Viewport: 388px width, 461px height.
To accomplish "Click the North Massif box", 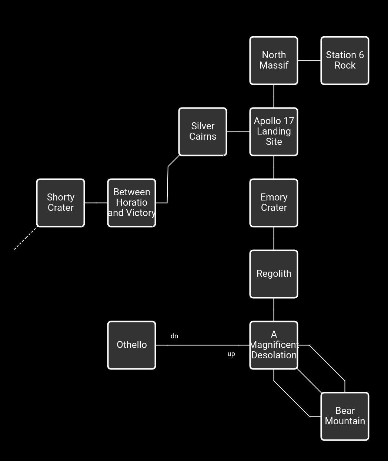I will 274,60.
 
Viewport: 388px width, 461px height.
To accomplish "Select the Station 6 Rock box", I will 345,60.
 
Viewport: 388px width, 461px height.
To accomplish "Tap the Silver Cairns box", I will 203,132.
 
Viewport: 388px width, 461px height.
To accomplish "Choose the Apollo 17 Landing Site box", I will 274,132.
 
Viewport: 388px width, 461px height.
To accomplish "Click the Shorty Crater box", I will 61,203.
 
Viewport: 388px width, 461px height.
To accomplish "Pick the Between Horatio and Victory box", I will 131,203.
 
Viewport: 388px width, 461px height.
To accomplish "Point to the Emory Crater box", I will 274,203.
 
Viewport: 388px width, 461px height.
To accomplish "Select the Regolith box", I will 274,274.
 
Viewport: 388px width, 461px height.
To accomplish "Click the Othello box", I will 131,345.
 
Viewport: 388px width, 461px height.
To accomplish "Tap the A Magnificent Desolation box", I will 274,345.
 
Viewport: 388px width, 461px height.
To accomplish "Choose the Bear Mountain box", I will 345,416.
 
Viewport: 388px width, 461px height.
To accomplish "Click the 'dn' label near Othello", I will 174,336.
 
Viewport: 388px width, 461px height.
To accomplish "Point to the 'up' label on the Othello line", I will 231,354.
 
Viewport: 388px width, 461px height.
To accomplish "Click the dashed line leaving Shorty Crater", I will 26,238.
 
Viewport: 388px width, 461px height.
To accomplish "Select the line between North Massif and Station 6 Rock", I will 309,60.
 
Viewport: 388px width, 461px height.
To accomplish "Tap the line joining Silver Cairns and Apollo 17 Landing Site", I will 238,132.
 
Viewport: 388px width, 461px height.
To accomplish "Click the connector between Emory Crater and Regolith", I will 274,238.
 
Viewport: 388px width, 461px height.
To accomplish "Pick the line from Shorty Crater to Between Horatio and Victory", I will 96,203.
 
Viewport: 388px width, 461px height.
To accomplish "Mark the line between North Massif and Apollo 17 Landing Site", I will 274,96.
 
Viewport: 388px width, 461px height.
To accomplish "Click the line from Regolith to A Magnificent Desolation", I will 274,309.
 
